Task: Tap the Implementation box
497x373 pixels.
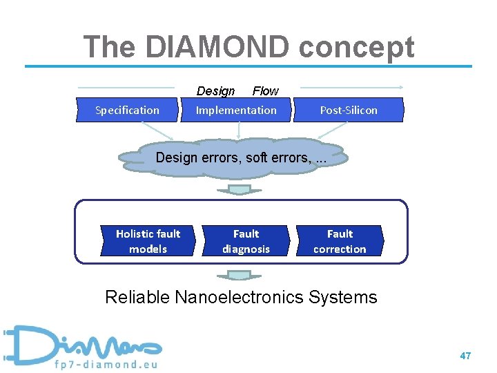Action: pos(236,110)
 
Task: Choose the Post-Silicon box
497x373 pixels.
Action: pos(349,110)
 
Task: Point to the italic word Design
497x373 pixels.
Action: pos(215,91)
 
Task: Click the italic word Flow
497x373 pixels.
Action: pos(265,91)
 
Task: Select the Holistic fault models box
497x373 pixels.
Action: pos(148,241)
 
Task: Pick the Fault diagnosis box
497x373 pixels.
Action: pos(246,241)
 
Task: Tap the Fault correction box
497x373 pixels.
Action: pos(340,241)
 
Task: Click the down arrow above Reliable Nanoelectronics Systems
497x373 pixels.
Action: pos(240,274)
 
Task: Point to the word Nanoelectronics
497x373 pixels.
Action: pos(239,298)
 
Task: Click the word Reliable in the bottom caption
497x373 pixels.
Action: pos(137,298)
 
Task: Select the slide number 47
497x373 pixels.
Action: pos(465,356)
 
